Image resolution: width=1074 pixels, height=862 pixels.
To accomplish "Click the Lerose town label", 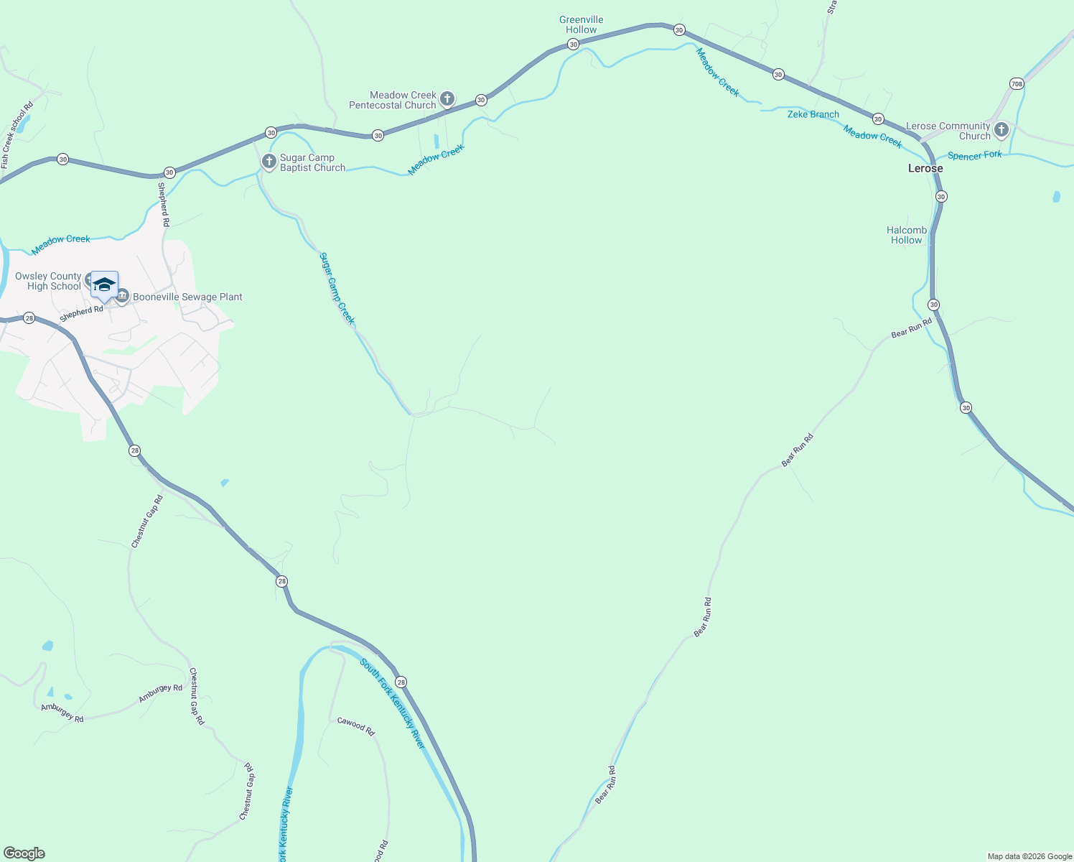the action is [925, 168].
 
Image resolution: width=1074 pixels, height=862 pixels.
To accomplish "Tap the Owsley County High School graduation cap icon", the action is [104, 284].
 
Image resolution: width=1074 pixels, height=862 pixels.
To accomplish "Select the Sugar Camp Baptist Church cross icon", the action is [268, 162].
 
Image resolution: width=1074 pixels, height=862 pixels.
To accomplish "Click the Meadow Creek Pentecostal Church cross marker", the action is [447, 99].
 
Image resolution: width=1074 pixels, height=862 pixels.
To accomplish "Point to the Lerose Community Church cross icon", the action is [1001, 130].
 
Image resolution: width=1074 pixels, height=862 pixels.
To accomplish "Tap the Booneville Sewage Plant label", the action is [187, 297].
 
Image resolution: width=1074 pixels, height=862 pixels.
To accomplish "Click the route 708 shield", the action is [1017, 84].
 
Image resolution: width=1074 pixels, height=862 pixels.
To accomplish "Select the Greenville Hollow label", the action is [582, 25].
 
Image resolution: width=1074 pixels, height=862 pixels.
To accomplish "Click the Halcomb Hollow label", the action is [907, 235].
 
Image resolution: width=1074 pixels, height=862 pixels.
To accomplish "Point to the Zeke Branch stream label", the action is [813, 114].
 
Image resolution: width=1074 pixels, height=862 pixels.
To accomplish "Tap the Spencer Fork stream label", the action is [974, 155].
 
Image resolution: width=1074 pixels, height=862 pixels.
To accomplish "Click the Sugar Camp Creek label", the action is [337, 288].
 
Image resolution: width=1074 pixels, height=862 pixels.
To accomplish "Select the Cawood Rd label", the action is [356, 726].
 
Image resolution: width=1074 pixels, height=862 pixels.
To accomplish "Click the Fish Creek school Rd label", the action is [17, 136].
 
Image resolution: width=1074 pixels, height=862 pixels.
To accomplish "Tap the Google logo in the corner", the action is [24, 853].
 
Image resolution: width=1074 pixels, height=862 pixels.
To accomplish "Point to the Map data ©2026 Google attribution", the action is [1029, 856].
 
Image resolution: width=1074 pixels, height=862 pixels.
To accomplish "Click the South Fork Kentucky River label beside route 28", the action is [393, 703].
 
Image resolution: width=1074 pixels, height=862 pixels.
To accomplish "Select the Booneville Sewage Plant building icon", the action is [122, 296].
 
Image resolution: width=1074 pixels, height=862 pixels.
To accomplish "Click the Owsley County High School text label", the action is [48, 281].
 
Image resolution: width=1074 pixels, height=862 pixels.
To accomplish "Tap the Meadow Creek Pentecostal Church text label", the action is [393, 100].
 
